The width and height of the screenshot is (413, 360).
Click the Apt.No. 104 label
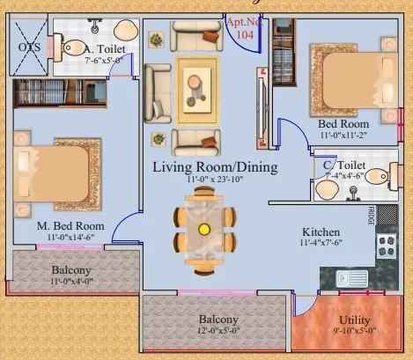point(244,26)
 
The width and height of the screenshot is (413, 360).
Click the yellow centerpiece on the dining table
point(204,229)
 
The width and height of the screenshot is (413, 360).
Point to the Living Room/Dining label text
point(215,166)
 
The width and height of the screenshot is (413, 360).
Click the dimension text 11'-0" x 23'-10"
point(215,180)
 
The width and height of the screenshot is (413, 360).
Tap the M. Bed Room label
point(70,225)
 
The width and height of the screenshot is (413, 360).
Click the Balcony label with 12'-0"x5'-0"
point(218,319)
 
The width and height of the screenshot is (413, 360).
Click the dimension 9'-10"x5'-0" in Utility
point(356,332)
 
